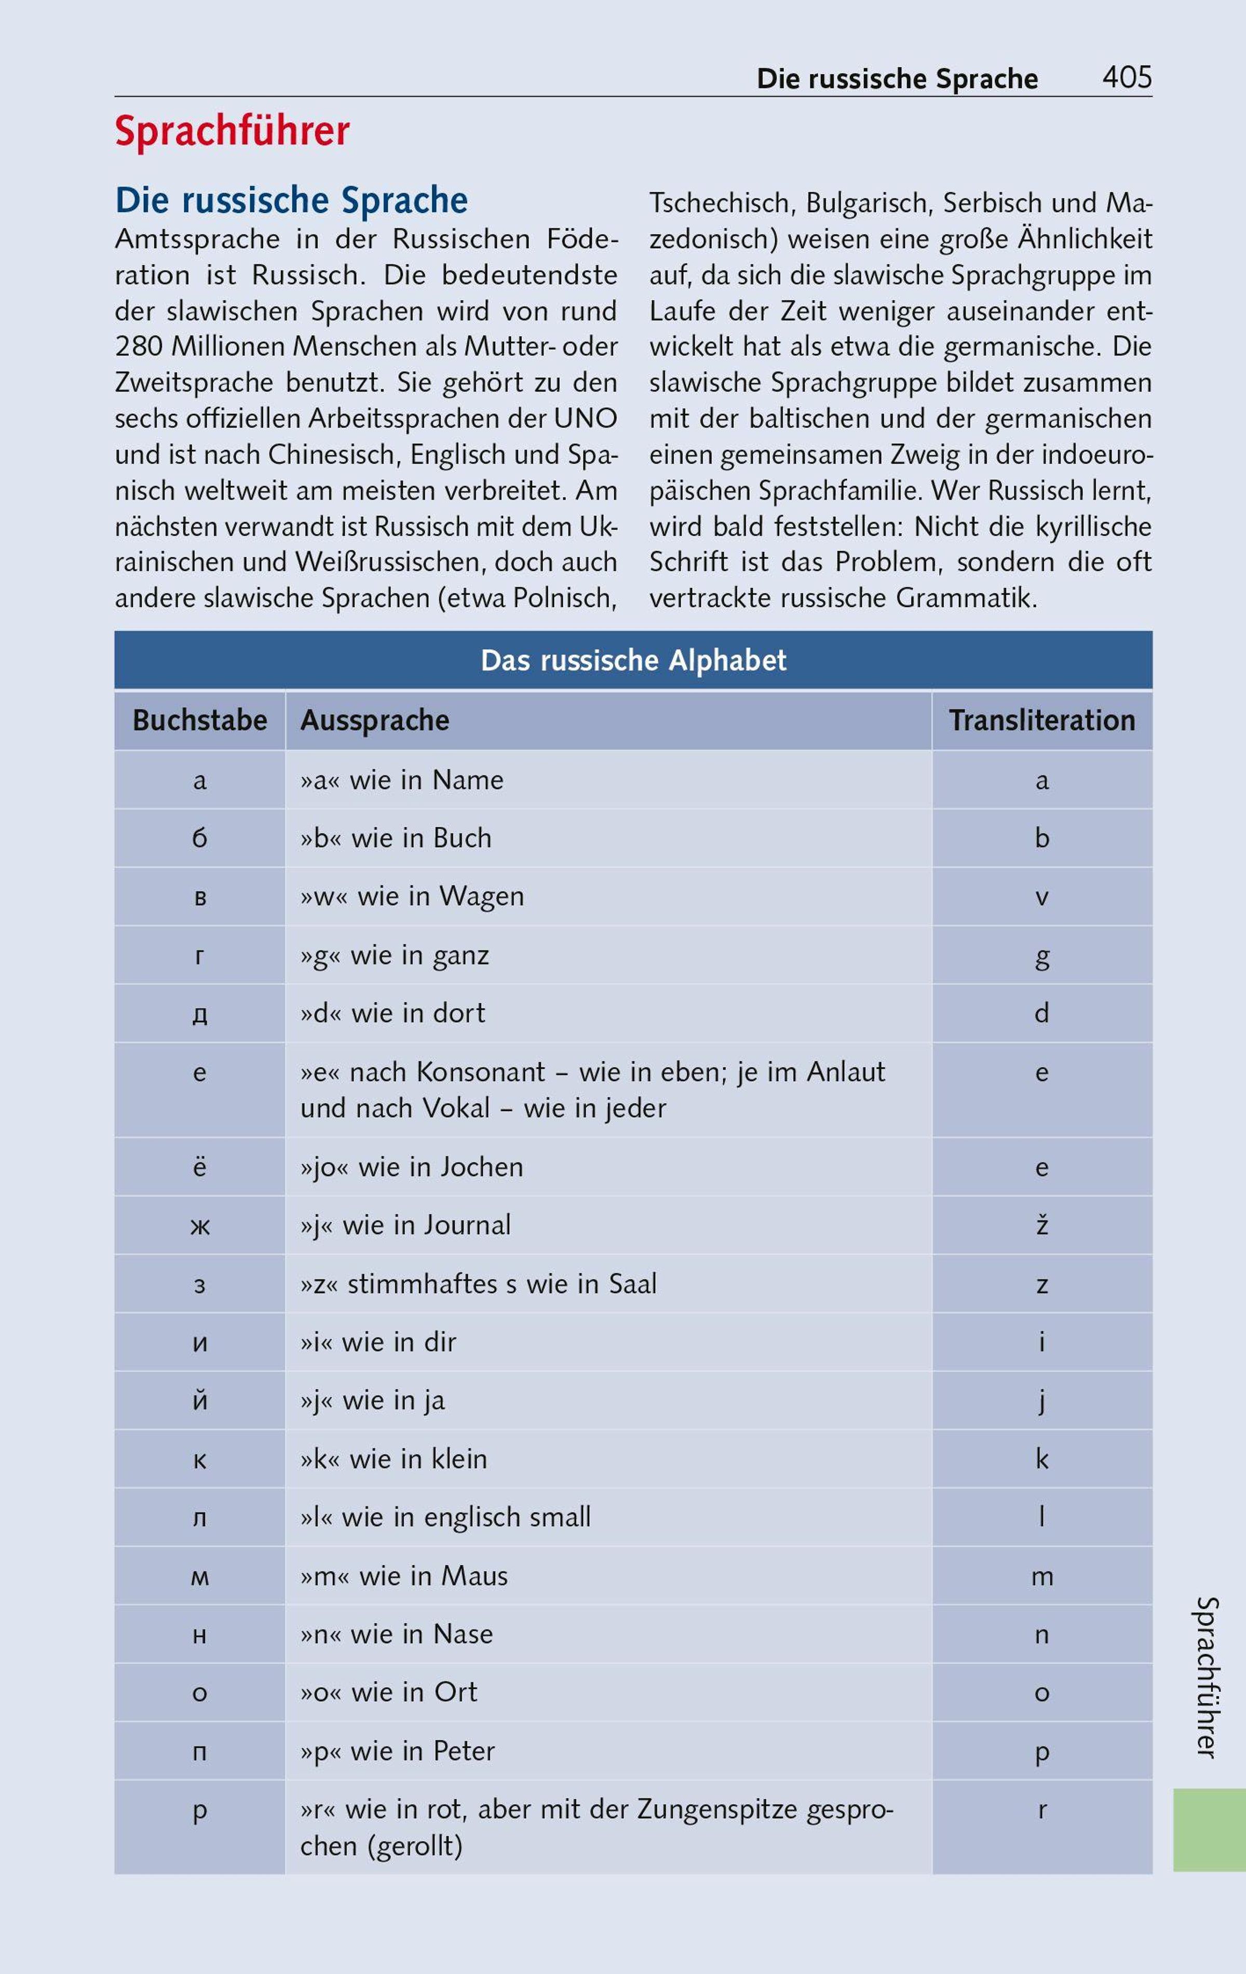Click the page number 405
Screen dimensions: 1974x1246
(1127, 78)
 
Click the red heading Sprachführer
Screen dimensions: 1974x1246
(232, 131)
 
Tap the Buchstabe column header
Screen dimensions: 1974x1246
(199, 720)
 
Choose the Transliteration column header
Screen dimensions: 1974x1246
(1042, 720)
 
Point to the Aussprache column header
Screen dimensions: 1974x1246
(375, 720)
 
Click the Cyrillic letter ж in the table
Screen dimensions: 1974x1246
(199, 1226)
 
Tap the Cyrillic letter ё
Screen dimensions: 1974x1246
(199, 1166)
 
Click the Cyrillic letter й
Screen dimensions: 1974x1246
(199, 1400)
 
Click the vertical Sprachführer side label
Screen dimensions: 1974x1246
(1208, 1676)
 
